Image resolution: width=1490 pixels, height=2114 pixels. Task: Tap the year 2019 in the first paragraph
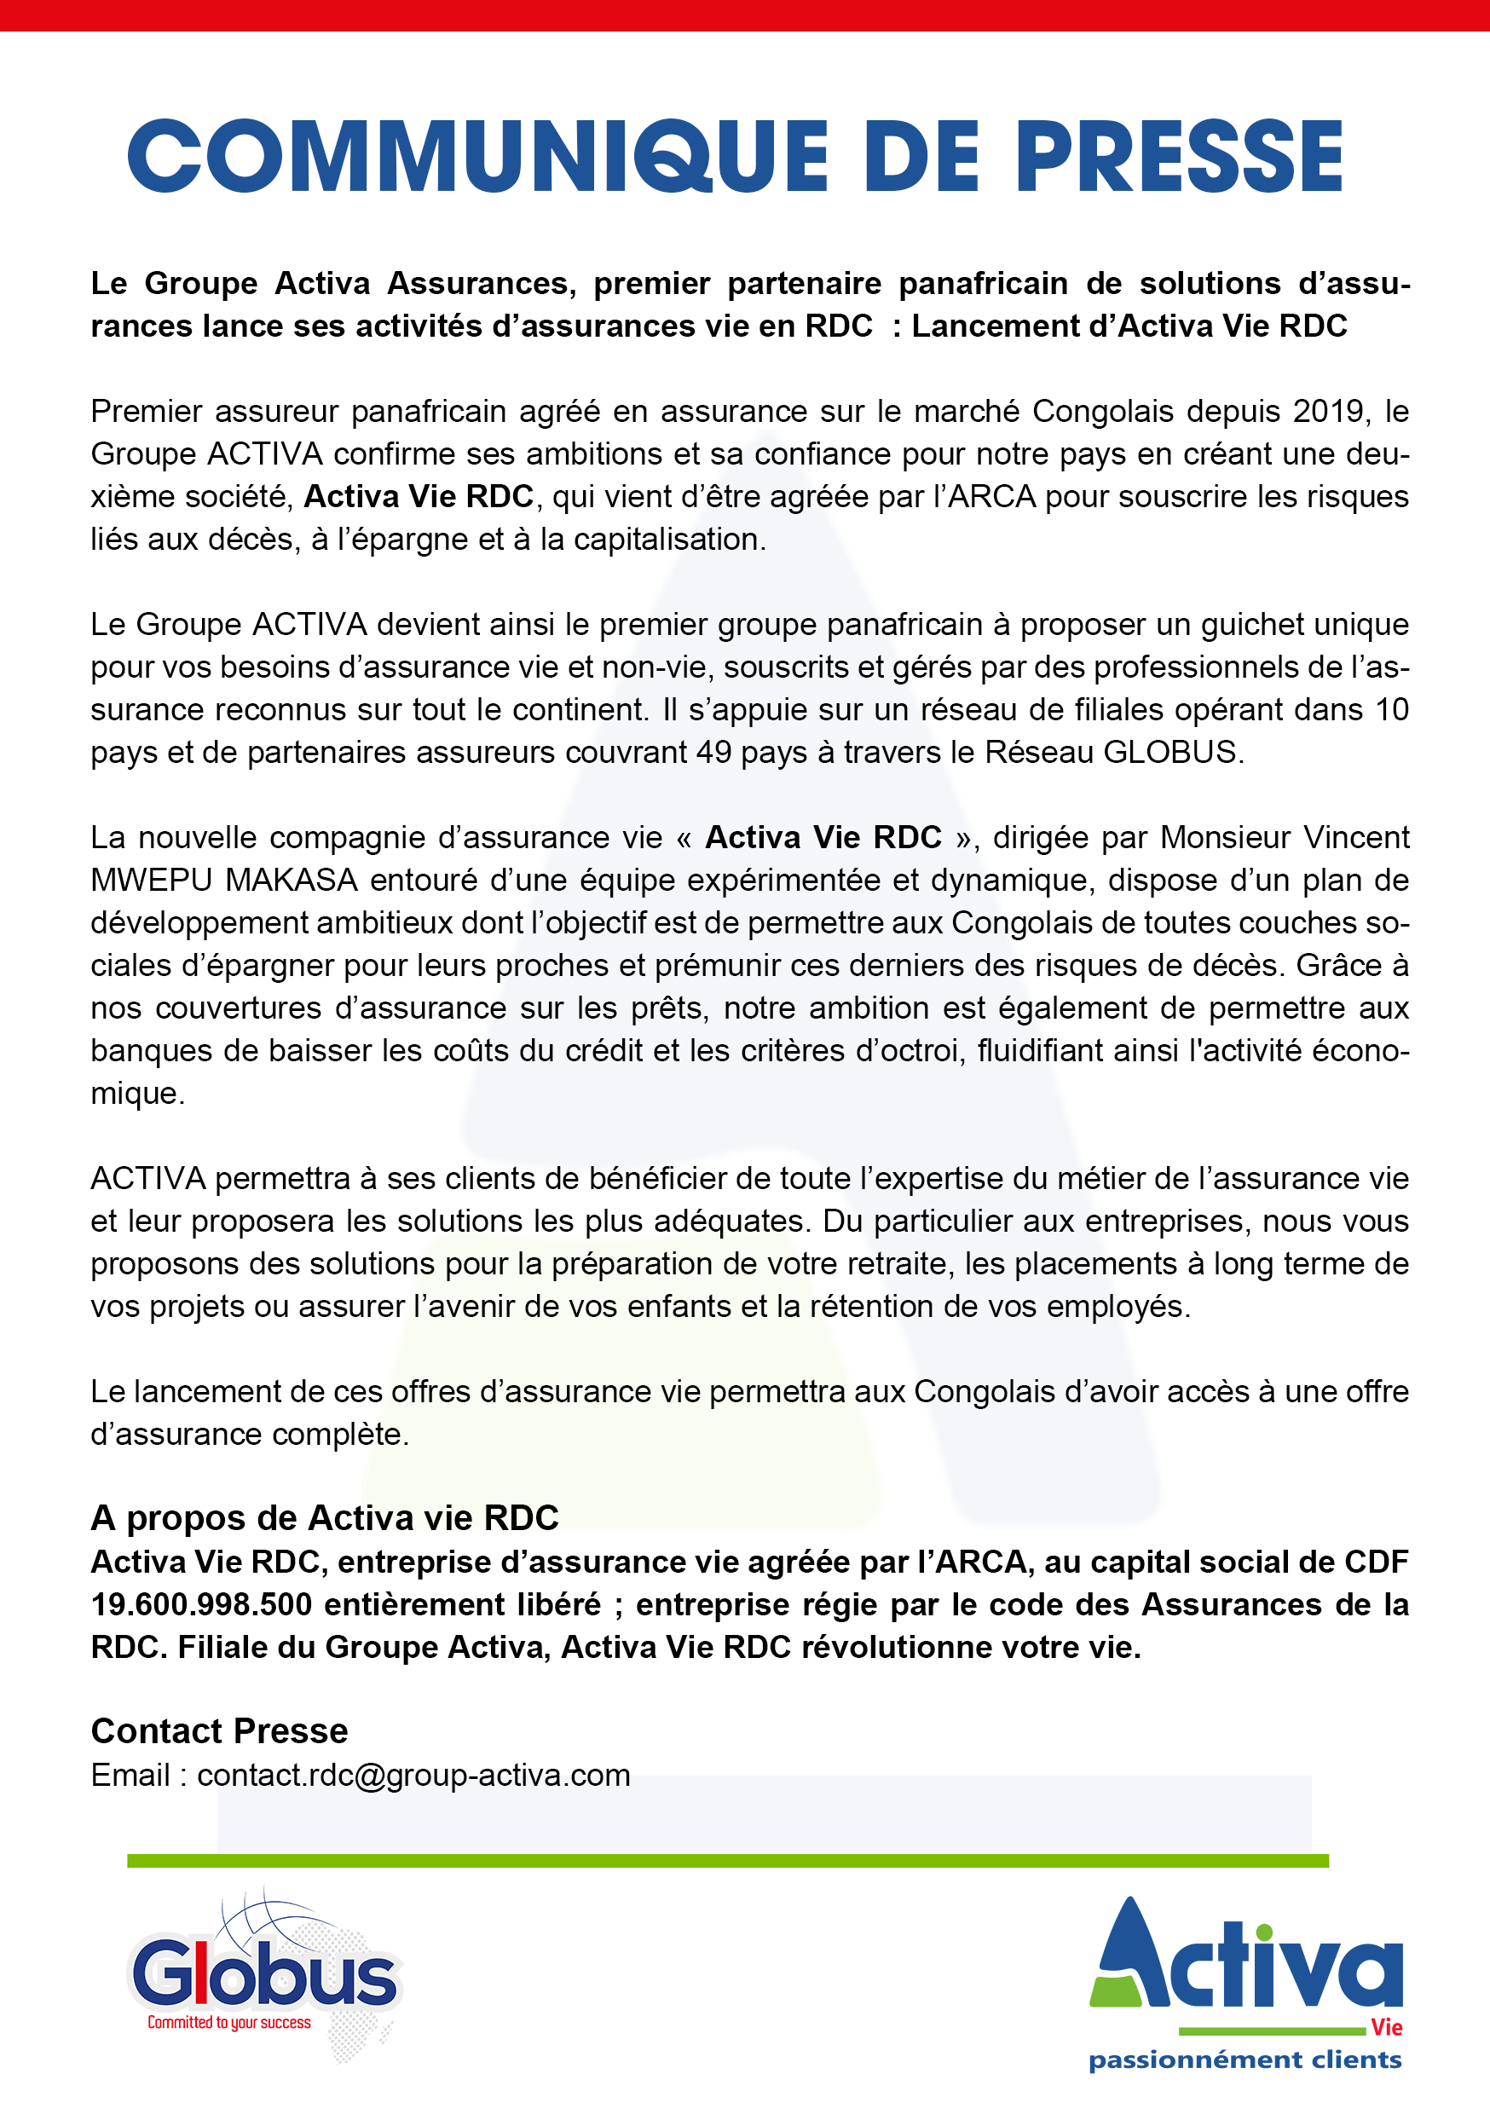tap(1328, 411)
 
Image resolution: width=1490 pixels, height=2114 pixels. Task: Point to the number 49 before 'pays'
tap(713, 752)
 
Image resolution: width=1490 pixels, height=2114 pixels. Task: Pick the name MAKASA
tap(291, 881)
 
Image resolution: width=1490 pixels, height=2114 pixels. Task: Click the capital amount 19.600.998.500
tap(201, 1605)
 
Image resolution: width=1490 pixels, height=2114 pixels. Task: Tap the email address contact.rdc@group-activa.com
tap(413, 1776)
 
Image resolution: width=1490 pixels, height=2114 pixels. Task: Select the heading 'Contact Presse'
tap(219, 1731)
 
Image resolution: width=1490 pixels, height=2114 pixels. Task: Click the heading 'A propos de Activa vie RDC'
tap(324, 1518)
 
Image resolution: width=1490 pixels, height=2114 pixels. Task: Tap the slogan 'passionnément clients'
tap(1245, 2059)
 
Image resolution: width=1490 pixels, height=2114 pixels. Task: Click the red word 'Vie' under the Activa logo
tap(1386, 2027)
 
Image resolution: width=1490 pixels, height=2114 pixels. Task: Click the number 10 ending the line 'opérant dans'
tap(1391, 710)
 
